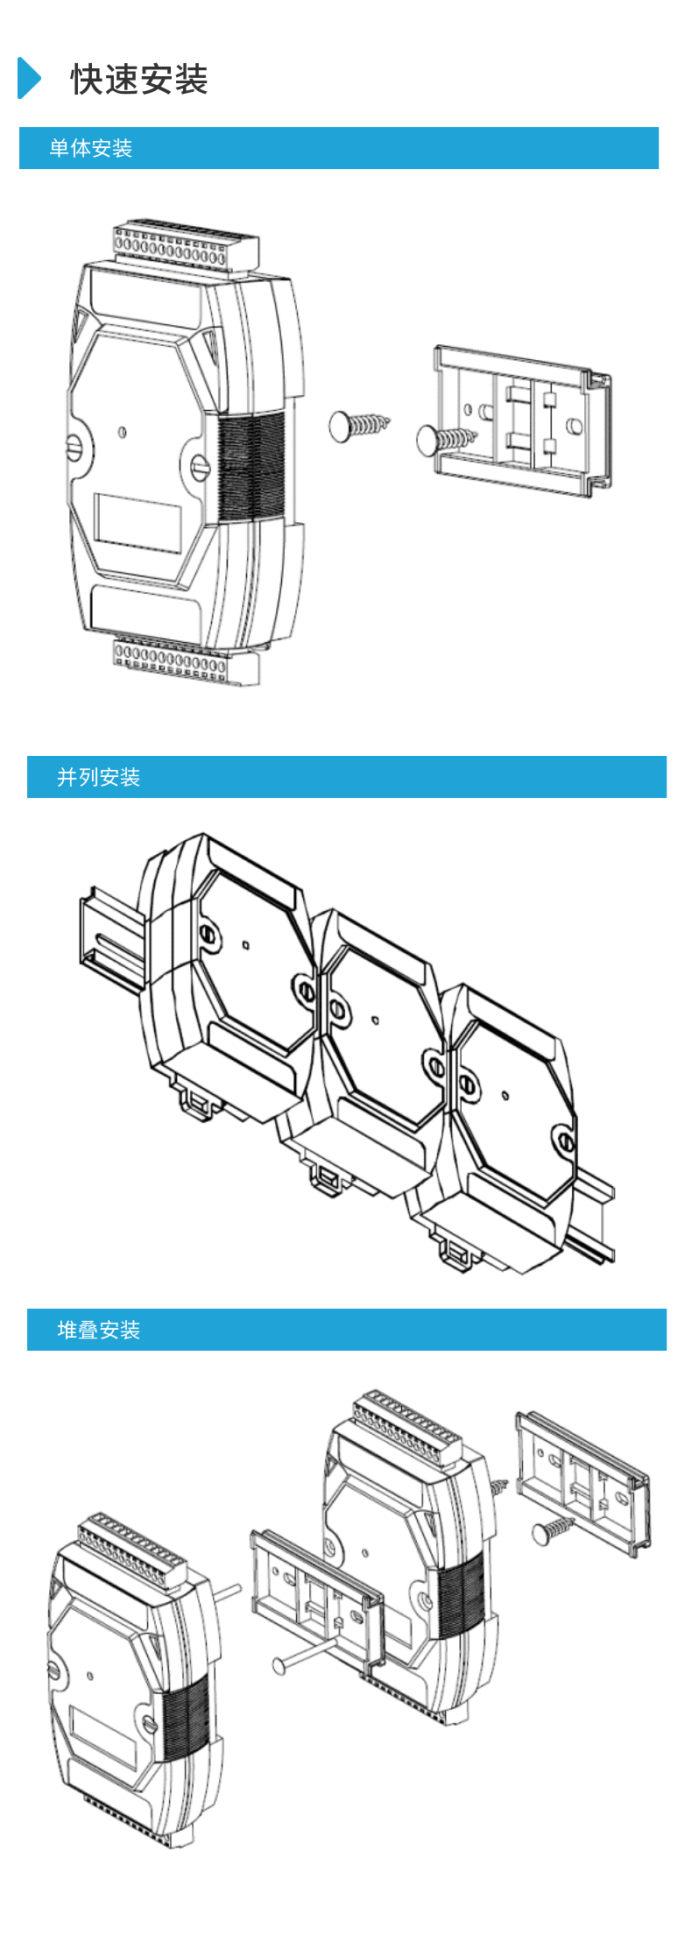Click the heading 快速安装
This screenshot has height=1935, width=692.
(x=139, y=80)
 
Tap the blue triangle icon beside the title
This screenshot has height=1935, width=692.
(x=29, y=78)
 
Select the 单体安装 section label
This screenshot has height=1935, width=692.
(x=90, y=148)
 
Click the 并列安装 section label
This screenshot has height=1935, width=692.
(x=98, y=777)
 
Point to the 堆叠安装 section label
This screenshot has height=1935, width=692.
(x=98, y=1330)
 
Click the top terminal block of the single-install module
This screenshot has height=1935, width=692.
(x=185, y=249)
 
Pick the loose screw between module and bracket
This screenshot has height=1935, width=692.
(x=357, y=426)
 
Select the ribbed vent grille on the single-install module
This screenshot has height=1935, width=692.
(x=251, y=464)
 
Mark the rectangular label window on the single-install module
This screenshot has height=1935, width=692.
(x=138, y=523)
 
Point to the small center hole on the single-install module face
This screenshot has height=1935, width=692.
(x=122, y=432)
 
